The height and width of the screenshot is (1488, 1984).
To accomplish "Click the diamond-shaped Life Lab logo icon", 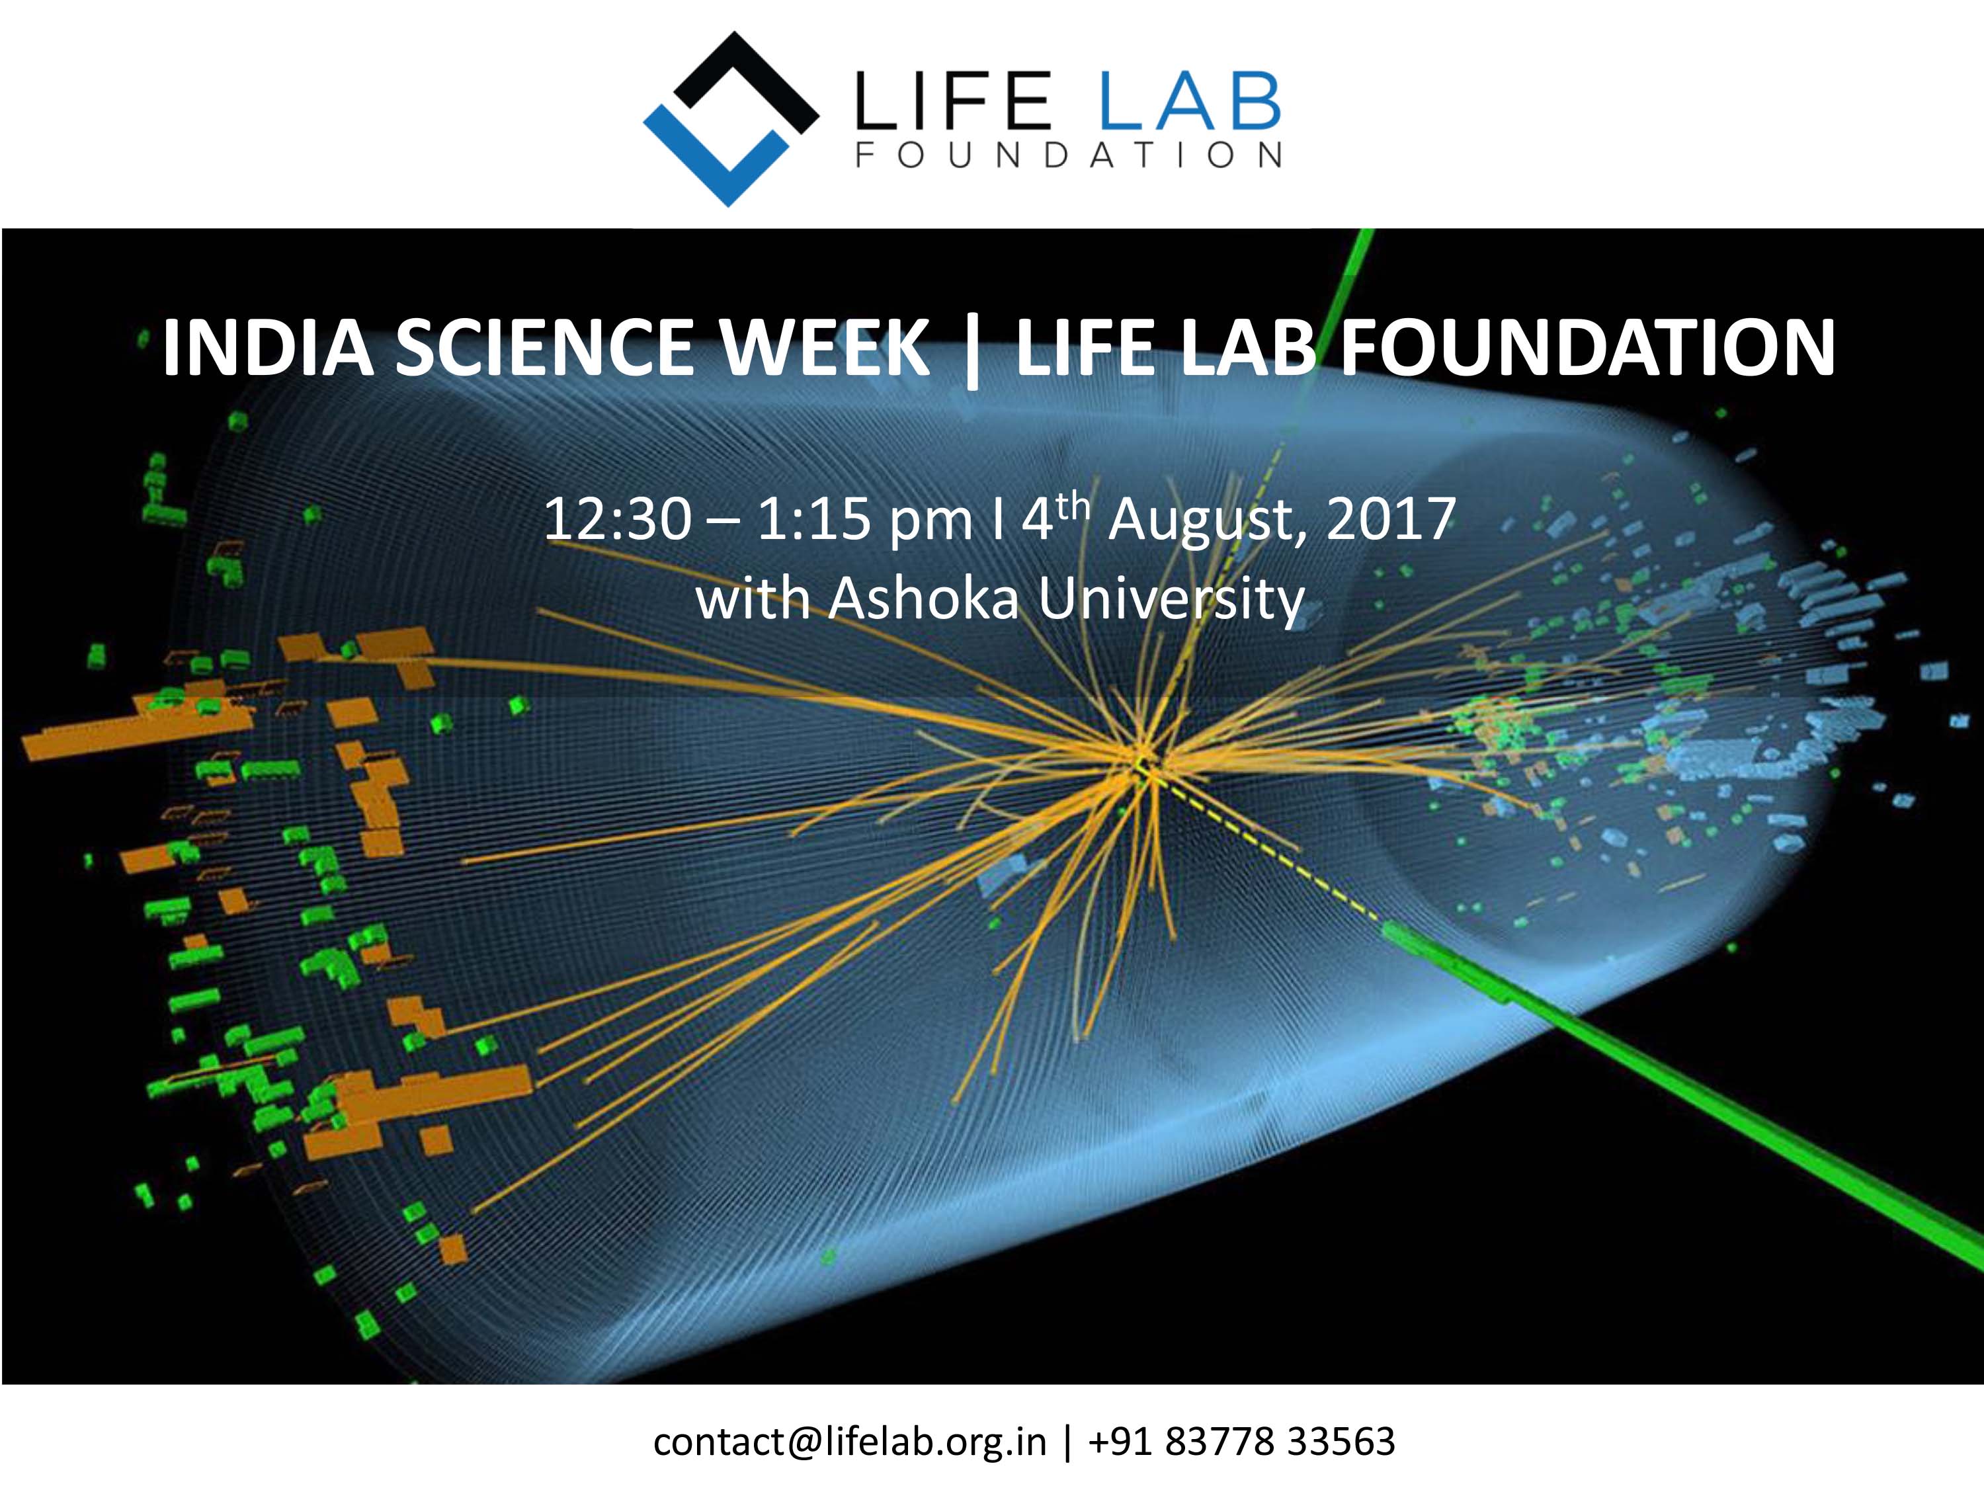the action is [731, 119].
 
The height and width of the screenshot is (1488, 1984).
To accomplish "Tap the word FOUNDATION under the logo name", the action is [1068, 155].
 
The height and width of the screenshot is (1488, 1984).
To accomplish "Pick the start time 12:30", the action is [618, 518].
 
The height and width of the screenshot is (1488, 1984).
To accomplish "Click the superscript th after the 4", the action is [1073, 507].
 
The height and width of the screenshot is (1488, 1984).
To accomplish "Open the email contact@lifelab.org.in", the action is [849, 1441].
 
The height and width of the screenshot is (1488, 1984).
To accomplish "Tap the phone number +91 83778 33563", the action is [1241, 1441].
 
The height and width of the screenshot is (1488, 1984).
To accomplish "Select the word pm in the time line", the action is [930, 524].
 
